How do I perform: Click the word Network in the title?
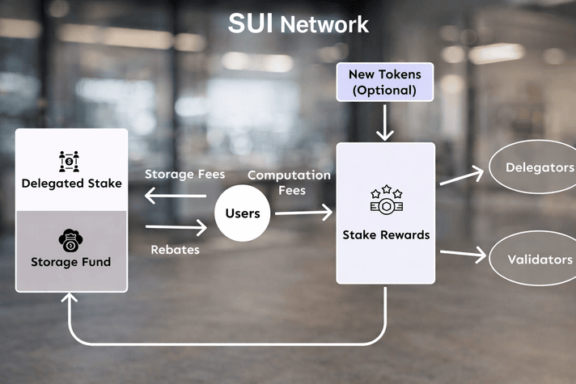coord(324,24)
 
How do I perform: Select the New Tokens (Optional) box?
coord(384,82)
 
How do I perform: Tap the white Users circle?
coord(242,213)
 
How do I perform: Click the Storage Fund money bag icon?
coord(71,239)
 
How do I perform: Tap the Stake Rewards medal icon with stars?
coord(386,200)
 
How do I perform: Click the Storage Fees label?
coord(184,174)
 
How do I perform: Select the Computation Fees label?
coord(289,182)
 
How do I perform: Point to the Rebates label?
coord(175,250)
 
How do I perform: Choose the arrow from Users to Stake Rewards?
coord(303,213)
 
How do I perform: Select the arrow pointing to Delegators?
coord(461,177)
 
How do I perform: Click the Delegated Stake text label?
coord(71,184)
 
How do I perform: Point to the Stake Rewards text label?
coord(386,235)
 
